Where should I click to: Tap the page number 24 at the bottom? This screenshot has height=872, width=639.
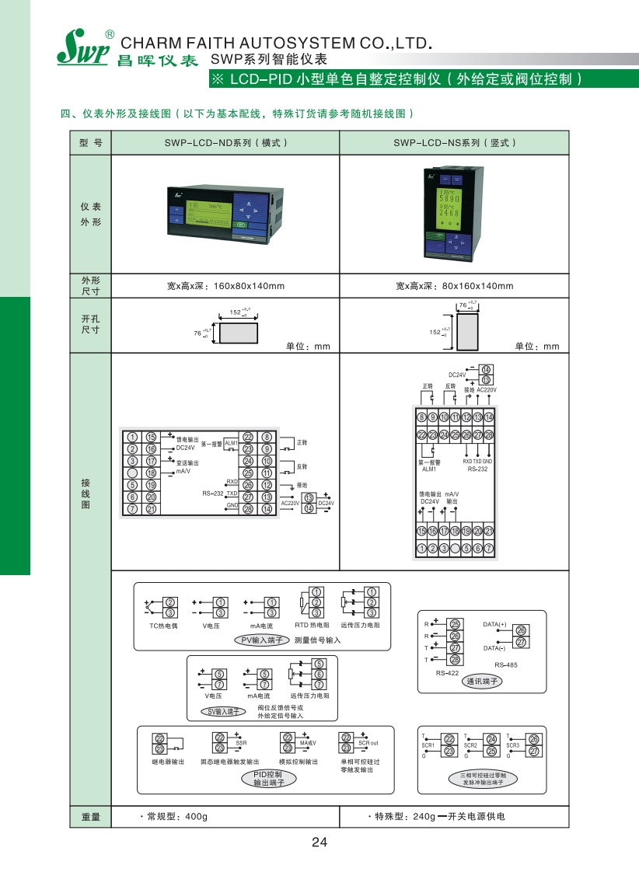click(x=319, y=842)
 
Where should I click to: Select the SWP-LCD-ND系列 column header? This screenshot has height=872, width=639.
click(x=225, y=143)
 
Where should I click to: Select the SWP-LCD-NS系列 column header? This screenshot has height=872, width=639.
click(x=454, y=143)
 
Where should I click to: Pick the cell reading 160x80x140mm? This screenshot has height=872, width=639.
click(x=226, y=286)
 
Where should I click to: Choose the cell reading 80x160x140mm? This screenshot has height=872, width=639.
click(x=454, y=286)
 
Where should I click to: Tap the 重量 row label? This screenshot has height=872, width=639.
click(x=90, y=817)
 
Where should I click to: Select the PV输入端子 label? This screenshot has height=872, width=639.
click(x=262, y=640)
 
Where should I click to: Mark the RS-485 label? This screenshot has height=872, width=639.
click(x=505, y=665)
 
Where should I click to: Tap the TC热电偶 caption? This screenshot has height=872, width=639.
click(x=163, y=626)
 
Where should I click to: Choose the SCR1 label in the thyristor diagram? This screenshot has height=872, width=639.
click(x=428, y=745)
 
